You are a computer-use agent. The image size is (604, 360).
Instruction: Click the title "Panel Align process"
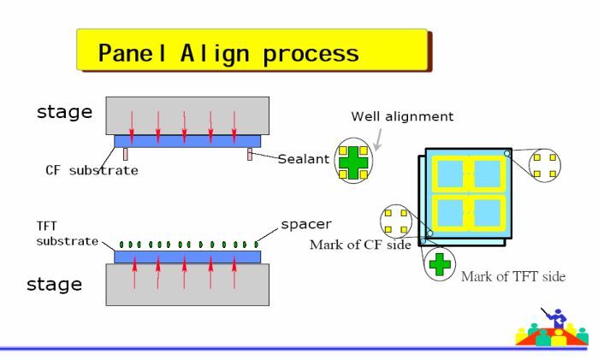pyautogui.click(x=228, y=53)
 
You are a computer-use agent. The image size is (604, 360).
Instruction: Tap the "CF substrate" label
pyautogui.click(x=92, y=169)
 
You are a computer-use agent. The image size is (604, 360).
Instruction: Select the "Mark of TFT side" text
pyautogui.click(x=513, y=276)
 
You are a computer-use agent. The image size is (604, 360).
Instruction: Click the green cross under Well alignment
pyautogui.click(x=353, y=161)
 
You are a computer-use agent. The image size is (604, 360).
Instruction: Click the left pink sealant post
pyautogui.click(x=124, y=154)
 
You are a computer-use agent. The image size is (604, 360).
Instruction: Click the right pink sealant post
pyautogui.click(x=250, y=154)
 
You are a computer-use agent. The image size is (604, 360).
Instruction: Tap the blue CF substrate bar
pyautogui.click(x=187, y=140)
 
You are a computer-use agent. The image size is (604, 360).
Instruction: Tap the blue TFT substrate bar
pyautogui.click(x=187, y=257)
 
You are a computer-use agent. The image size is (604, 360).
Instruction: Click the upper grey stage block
pyautogui.click(x=187, y=115)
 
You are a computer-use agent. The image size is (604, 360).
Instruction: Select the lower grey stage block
pyautogui.click(x=187, y=284)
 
